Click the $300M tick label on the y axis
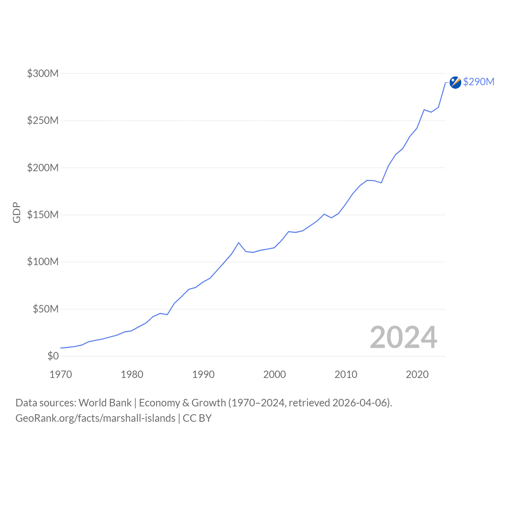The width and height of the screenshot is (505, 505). tap(43, 73)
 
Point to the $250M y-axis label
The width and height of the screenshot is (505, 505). tap(43, 120)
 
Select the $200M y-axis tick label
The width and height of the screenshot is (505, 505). tap(43, 168)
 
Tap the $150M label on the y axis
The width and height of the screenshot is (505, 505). tap(43, 215)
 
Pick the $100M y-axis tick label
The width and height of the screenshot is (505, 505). tap(43, 262)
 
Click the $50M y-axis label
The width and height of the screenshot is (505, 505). tap(45, 309)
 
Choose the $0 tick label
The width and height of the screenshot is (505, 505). tap(53, 356)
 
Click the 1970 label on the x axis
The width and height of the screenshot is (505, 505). tap(61, 374)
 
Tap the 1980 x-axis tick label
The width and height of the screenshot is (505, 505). tap(132, 374)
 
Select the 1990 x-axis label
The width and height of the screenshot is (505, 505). tap(203, 374)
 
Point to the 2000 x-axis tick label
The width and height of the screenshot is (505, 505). tap(275, 374)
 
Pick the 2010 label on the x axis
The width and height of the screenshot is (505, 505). tap(346, 374)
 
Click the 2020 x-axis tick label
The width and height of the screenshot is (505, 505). tap(417, 374)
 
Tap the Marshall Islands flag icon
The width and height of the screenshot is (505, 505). tap(455, 82)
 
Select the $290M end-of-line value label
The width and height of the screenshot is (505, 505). tap(479, 82)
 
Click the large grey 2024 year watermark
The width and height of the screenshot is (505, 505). tap(403, 338)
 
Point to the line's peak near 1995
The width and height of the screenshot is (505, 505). tap(239, 243)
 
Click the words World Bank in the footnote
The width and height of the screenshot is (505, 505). tap(105, 403)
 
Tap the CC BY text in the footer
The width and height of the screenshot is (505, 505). tap(197, 418)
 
